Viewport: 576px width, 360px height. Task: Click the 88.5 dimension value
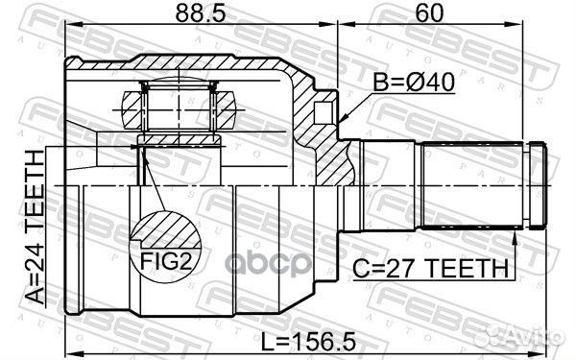tap(201, 12)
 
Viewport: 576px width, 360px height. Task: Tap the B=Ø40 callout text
tap(414, 83)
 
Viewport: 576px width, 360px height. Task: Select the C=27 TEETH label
tap(431, 268)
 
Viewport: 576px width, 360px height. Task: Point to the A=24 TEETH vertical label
tap(36, 228)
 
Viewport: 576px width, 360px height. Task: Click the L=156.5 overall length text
tap(308, 342)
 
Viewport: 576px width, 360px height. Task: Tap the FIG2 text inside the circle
tap(166, 261)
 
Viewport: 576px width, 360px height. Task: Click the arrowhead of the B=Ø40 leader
tap(343, 118)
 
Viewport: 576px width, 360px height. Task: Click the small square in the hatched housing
tap(323, 112)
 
